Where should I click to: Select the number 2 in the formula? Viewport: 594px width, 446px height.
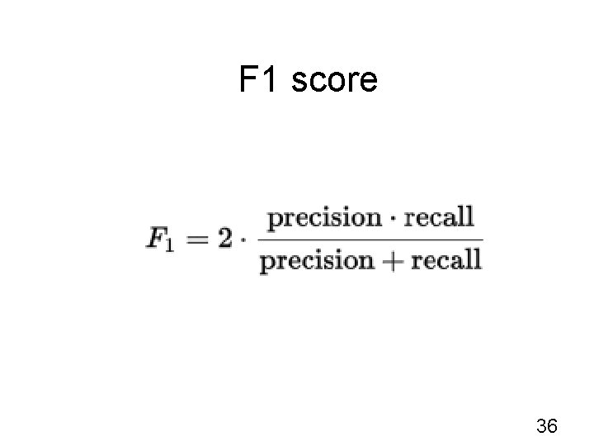(x=224, y=238)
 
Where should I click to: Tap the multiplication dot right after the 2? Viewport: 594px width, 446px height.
(x=243, y=239)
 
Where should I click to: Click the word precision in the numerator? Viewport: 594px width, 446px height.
(x=322, y=219)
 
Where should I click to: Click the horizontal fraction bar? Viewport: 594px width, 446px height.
(x=370, y=240)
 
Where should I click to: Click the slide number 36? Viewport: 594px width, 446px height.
(x=547, y=426)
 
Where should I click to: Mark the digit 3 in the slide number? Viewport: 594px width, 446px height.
(x=541, y=426)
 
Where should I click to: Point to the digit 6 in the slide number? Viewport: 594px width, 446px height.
(x=553, y=426)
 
